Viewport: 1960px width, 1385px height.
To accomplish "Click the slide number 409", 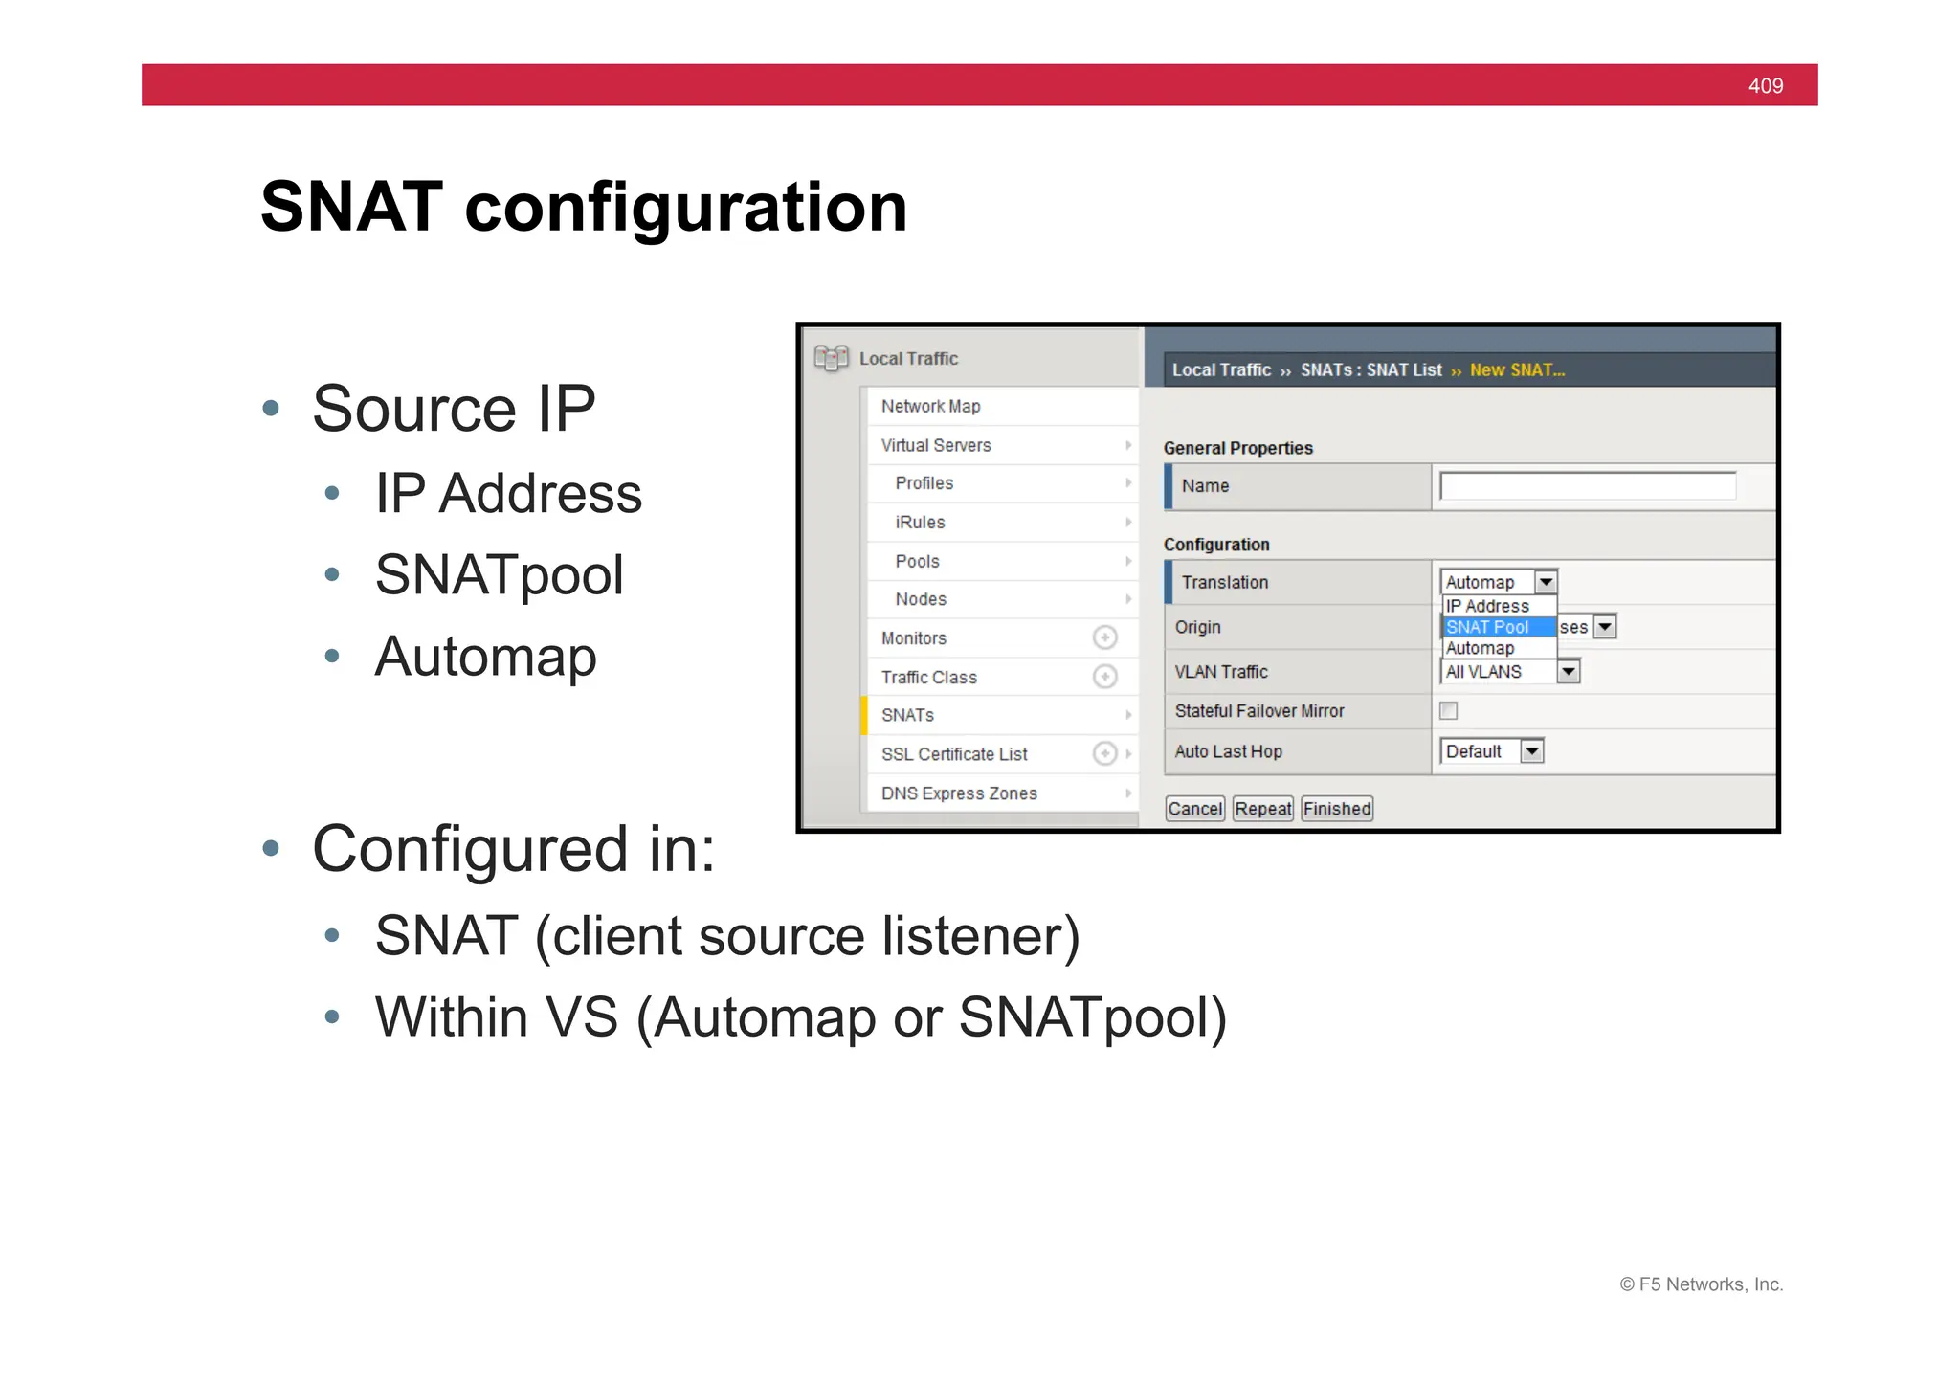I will pos(1765,86).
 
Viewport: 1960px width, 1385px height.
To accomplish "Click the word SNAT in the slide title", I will pos(351,207).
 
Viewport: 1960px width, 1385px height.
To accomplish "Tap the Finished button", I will pos(1336,809).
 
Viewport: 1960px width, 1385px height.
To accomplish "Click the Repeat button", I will pos(1262,809).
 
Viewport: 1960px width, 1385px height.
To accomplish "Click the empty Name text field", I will pos(1587,486).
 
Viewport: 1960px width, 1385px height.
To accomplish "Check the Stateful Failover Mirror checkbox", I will pos(1448,710).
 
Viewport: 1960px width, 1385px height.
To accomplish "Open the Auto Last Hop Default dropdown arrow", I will pos(1531,751).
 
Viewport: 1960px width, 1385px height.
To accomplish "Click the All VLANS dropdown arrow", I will pos(1567,672).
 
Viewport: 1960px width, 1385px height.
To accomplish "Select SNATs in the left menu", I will pos(907,715).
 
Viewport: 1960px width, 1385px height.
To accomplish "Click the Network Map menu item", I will pos(930,406).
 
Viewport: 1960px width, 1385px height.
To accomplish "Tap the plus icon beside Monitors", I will pos(1104,637).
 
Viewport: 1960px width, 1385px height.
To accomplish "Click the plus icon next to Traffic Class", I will pos(1104,677).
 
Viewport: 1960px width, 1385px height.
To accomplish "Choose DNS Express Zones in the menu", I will pos(959,793).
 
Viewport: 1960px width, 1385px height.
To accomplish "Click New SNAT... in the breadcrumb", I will pos(1517,370).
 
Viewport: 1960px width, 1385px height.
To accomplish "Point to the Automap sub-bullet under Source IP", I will pos(485,657).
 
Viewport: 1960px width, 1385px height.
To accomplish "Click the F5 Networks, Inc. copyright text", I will pos(1701,1284).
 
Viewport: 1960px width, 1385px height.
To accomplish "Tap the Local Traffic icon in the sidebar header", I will pos(831,358).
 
